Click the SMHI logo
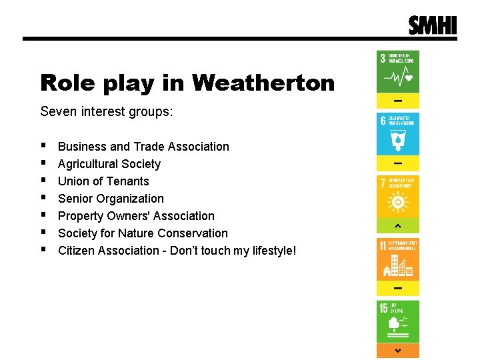point(433,25)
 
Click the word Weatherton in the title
point(263,83)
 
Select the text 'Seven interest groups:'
point(106,111)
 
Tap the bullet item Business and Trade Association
point(143,147)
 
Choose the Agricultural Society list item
point(109,164)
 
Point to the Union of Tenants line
point(103,181)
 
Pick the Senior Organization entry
point(111,199)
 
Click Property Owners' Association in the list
point(136,216)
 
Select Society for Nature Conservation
point(143,233)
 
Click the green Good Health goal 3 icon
point(398,71)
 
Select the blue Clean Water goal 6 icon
point(398,133)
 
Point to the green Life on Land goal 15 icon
point(398,321)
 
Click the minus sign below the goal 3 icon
point(398,101)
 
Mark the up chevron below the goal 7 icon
point(398,225)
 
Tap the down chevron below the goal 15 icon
point(398,351)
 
